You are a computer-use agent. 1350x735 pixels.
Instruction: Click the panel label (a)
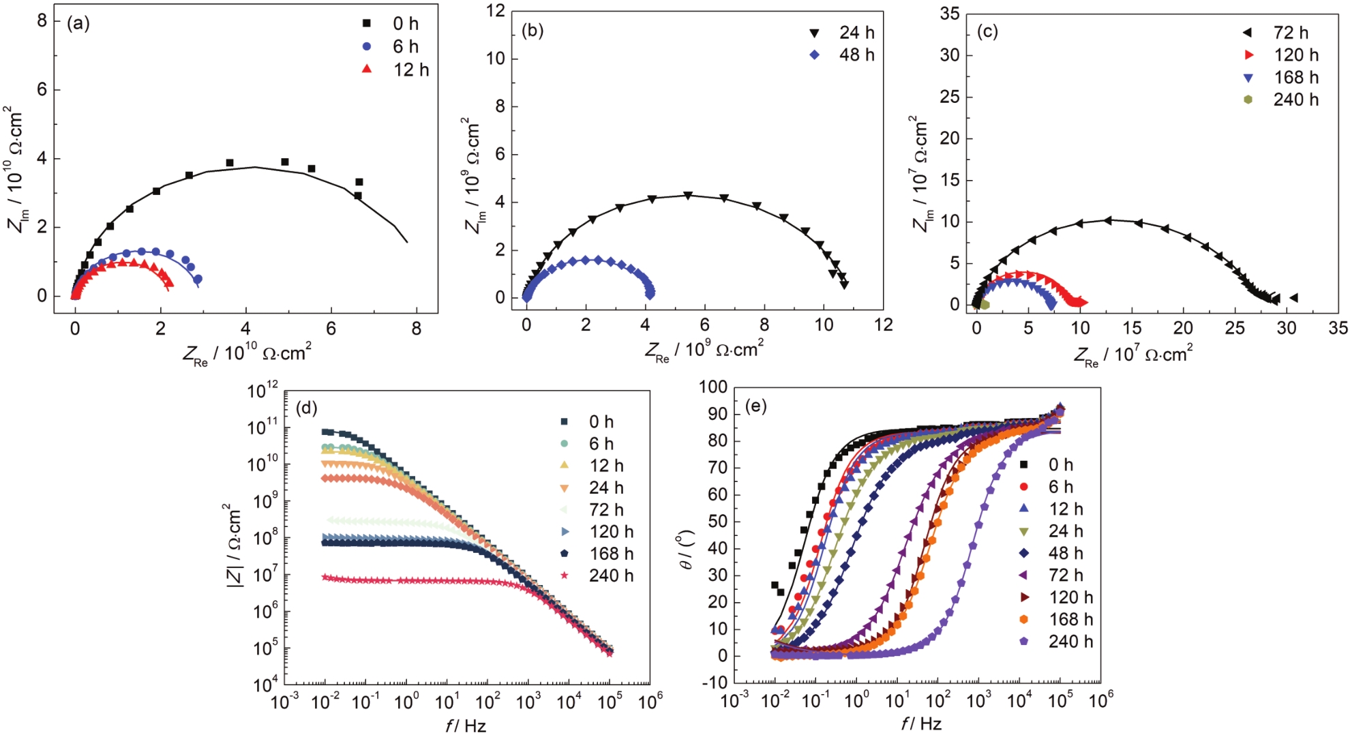78,24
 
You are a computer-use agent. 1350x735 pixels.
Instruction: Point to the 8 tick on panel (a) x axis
417,329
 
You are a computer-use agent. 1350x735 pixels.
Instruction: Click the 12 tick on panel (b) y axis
496,12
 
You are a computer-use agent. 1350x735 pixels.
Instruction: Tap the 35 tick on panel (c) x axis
1338,328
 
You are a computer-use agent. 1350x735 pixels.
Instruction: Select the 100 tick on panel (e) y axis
713,387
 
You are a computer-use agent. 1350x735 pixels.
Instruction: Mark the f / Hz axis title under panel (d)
466,725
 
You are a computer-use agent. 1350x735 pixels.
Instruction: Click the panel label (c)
987,31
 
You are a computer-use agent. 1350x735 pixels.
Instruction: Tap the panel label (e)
756,406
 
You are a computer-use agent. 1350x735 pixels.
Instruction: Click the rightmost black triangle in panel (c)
1293,297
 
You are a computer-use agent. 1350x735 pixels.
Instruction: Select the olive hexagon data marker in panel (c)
985,304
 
